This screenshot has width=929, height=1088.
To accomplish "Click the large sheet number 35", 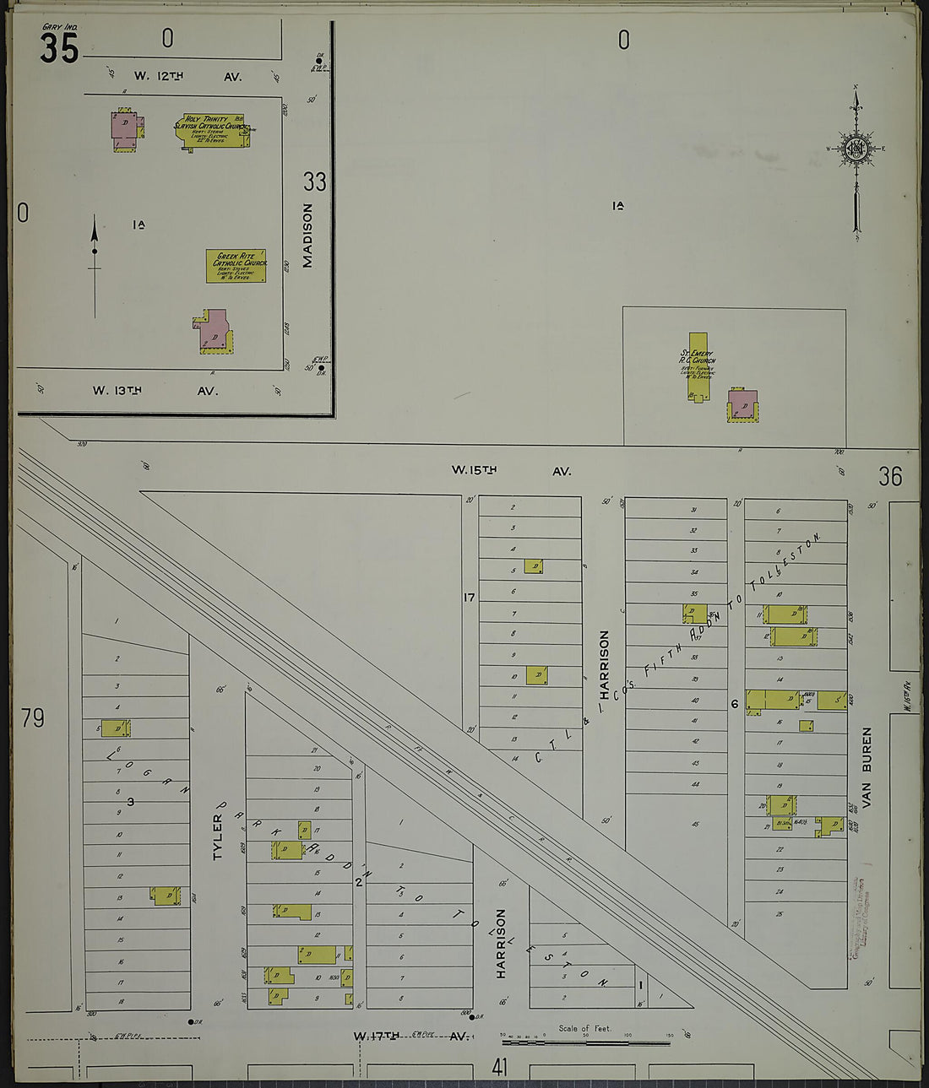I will pyautogui.click(x=59, y=48).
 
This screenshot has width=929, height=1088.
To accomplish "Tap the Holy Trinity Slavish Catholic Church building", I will pyautogui.click(x=214, y=130).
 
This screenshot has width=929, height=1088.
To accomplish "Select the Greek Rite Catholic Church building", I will pyautogui.click(x=236, y=265).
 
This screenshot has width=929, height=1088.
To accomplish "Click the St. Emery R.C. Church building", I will pyautogui.click(x=698, y=365).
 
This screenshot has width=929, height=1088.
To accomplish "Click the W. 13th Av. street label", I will pyautogui.click(x=155, y=391).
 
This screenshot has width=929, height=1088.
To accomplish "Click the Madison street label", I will pyautogui.click(x=307, y=235).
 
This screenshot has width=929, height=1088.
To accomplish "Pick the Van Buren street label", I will pyautogui.click(x=867, y=768).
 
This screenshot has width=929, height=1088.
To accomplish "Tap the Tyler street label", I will pyautogui.click(x=219, y=836).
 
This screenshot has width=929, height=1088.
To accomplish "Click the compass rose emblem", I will pyautogui.click(x=856, y=149).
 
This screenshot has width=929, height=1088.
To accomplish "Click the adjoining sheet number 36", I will pyautogui.click(x=890, y=477).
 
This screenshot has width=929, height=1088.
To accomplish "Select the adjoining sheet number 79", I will pyautogui.click(x=33, y=718).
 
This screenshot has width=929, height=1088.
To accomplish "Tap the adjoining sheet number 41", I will pyautogui.click(x=500, y=1068).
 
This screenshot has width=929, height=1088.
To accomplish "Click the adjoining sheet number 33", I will pyautogui.click(x=315, y=181).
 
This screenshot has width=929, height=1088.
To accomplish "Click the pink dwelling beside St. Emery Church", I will pyautogui.click(x=742, y=405).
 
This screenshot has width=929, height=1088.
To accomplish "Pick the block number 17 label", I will pyautogui.click(x=470, y=598).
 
